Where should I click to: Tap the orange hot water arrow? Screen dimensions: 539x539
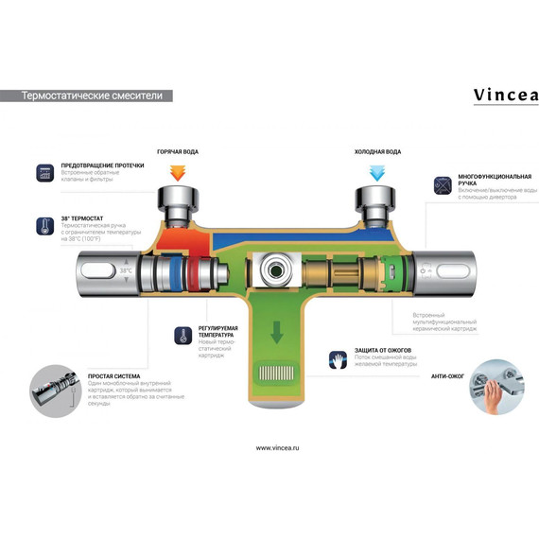[x=178, y=172]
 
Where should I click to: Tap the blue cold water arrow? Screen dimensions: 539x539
[x=376, y=172]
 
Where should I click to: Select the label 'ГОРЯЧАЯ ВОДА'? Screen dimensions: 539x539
[x=178, y=151]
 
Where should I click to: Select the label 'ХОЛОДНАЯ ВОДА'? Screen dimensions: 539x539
[x=377, y=151]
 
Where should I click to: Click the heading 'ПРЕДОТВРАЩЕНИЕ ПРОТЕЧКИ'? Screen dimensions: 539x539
[x=102, y=165]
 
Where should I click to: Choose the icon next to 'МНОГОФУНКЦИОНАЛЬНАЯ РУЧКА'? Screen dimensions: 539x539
[x=443, y=185]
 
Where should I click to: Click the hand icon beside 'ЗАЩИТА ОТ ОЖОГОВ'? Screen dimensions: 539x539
[x=339, y=359]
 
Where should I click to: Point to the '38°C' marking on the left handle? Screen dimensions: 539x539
[x=126, y=271]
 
